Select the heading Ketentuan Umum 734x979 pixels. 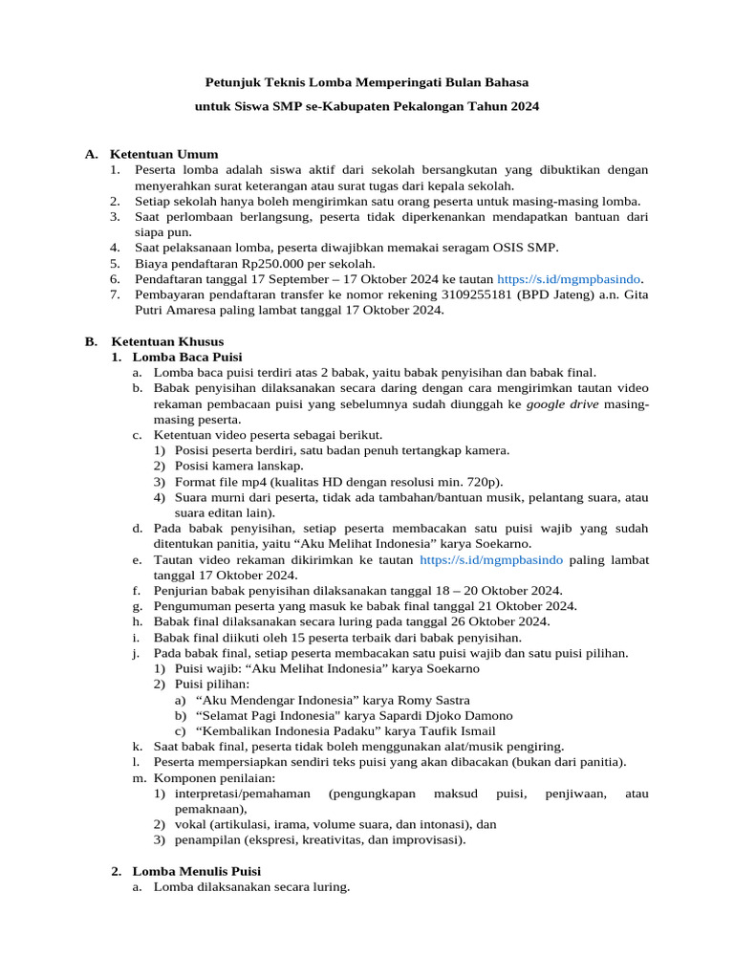point(164,154)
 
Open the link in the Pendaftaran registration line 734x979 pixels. point(570,279)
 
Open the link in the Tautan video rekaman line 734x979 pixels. point(491,559)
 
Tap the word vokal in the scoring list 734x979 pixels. point(193,824)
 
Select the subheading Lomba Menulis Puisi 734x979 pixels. point(196,871)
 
